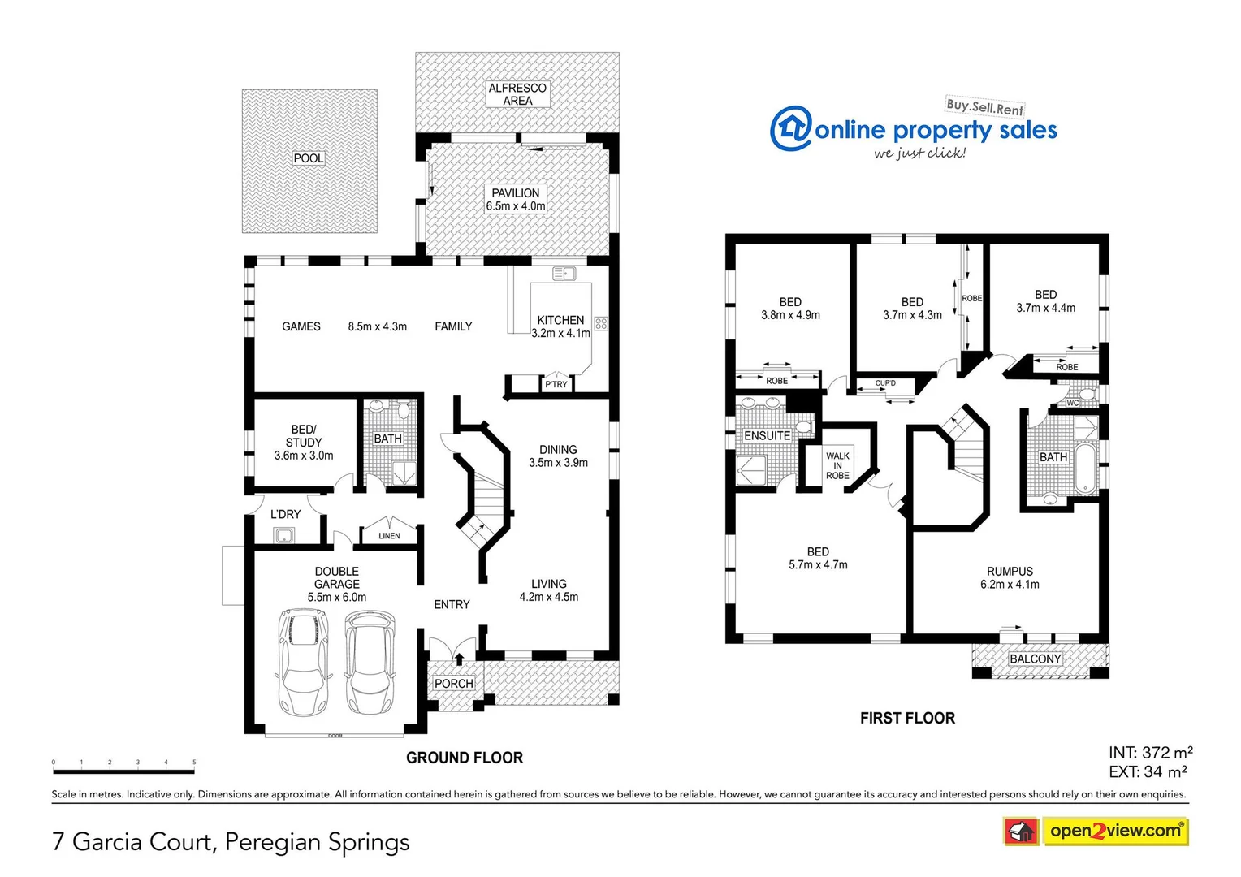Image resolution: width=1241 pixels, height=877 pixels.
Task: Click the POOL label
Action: pos(309,158)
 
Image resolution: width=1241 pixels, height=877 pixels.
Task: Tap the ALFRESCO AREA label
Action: pos(517,94)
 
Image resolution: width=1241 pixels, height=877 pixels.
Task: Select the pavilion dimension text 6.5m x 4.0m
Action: pos(516,206)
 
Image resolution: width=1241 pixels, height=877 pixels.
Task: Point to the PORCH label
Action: pos(453,684)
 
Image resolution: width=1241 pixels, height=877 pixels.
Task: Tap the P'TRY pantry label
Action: pos(556,384)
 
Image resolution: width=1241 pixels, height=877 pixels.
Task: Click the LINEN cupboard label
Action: pos(389,536)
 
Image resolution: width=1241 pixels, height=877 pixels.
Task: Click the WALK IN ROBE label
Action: pos(837,466)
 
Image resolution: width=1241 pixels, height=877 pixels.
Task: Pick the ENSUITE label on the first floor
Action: pos(768,436)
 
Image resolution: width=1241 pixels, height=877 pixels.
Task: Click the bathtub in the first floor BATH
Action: pos(1085,469)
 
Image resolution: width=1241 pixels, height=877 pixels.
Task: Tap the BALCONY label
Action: pos(1035,659)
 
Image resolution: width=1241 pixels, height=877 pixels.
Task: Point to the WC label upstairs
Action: pos(1072,403)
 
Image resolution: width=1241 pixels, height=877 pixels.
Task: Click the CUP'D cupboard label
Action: pos(885,383)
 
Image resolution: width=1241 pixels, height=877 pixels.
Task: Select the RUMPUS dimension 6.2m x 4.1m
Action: pos(1010,585)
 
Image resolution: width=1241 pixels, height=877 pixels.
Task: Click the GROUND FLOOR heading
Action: pos(465,758)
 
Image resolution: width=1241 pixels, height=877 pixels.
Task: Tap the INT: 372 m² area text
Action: pos(1150,753)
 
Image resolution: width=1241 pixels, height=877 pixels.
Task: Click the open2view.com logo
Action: pos(1114,831)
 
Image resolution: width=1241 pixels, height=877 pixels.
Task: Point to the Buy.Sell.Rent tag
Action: pos(984,106)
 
